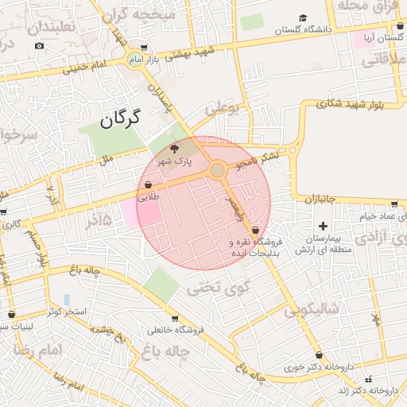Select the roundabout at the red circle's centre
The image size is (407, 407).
coord(217,170)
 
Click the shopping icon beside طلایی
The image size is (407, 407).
coord(149,184)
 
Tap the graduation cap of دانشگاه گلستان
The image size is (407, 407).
coord(302,18)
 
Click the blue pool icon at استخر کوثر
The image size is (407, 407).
coord(67,299)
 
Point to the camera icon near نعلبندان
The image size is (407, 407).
coord(40,46)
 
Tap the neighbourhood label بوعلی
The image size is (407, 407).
coord(223,109)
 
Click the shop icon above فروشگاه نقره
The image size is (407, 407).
coord(254,230)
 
